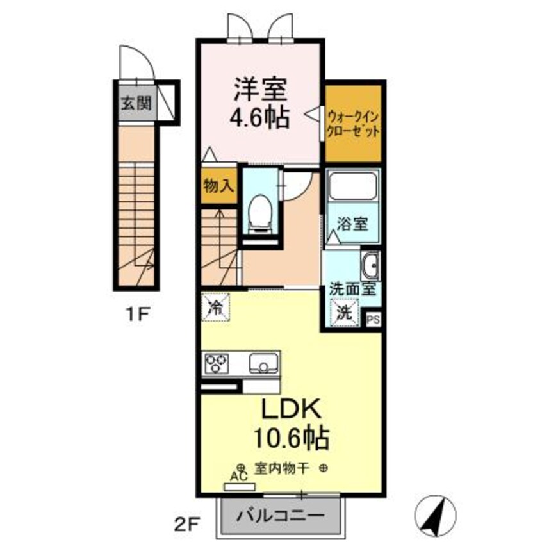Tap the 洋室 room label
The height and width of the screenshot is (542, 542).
pos(259,89)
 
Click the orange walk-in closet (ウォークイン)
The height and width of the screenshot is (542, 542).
pos(353,123)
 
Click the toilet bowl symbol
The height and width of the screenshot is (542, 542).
pos(259,211)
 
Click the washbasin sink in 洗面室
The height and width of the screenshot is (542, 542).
pos(370,265)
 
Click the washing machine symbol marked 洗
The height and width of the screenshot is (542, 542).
pos(345,313)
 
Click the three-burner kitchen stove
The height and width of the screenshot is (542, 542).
pos(217,363)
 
